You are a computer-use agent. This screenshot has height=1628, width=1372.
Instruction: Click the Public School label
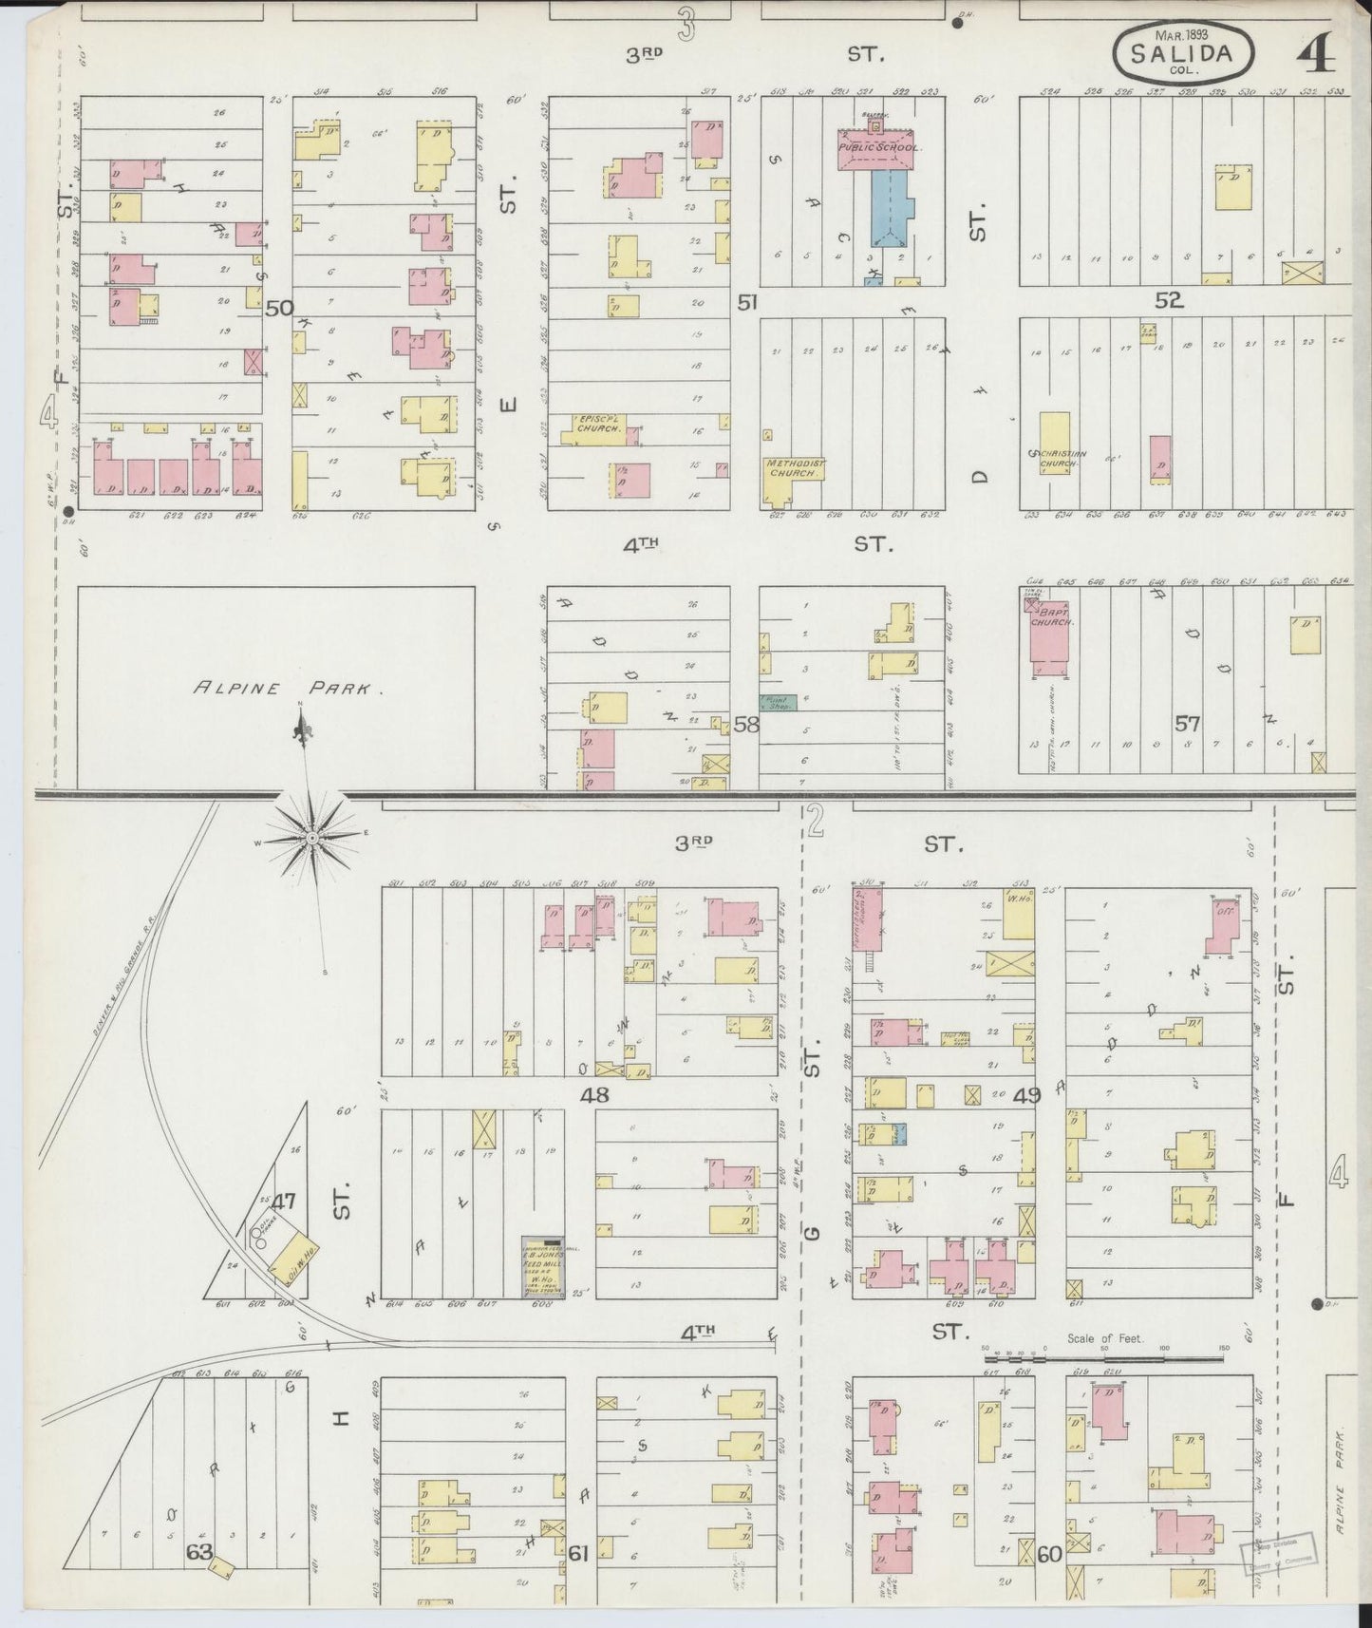(x=879, y=148)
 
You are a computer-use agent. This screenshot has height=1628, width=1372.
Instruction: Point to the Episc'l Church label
(x=598, y=424)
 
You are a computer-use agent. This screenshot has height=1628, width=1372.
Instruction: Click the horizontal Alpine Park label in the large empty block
(x=288, y=689)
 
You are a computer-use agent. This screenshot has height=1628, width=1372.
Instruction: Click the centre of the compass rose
(x=311, y=839)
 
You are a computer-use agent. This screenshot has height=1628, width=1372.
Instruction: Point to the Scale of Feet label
(x=1106, y=1339)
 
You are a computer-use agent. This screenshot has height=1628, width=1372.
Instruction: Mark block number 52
(x=1169, y=301)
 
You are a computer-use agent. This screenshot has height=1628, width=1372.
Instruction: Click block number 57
(x=1187, y=723)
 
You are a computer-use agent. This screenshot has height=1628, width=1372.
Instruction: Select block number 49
(x=1026, y=1095)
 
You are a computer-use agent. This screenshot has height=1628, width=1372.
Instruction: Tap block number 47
(x=284, y=1201)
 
